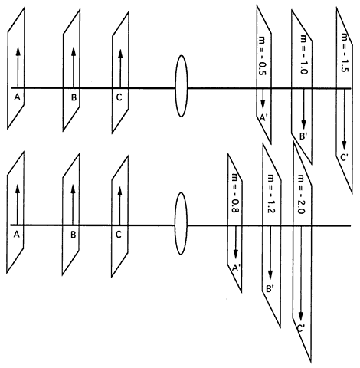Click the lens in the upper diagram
point(181,86)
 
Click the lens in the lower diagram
point(181,223)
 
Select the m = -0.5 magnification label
point(263,57)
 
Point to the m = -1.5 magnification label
point(345,52)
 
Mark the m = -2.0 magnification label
point(301,194)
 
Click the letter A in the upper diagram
point(17,97)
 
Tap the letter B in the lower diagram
point(74,235)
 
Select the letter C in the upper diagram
point(119,97)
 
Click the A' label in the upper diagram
point(263,117)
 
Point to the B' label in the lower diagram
point(270,289)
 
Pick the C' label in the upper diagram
point(343,158)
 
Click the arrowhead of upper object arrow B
point(74,51)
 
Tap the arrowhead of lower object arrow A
point(18,189)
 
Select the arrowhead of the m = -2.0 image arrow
point(301,316)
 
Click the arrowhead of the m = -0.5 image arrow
point(263,103)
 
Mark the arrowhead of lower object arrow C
point(119,191)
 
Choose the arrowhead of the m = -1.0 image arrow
point(303,125)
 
